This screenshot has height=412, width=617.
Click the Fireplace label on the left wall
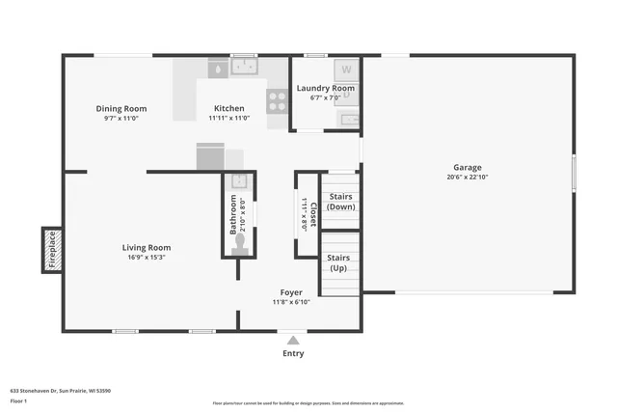click(x=52, y=248)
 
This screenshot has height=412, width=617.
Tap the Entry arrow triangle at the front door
click(x=293, y=340)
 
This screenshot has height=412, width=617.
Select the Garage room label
click(x=468, y=167)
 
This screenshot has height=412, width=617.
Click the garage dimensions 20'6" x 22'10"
click(x=468, y=177)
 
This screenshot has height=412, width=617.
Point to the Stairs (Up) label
click(x=338, y=263)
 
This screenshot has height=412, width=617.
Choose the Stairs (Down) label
click(x=338, y=202)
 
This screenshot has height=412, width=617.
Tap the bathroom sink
click(x=239, y=180)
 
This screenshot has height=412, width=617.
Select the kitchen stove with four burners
click(x=277, y=101)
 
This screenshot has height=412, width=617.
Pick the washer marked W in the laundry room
click(x=345, y=69)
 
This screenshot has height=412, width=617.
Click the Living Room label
click(x=147, y=248)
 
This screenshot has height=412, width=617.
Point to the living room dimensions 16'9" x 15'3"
click(x=147, y=258)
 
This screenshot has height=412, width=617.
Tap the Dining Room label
click(x=121, y=109)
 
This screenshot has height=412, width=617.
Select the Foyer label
click(x=291, y=292)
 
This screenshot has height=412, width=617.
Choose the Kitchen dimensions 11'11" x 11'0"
click(x=229, y=119)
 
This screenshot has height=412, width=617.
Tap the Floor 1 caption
click(x=18, y=400)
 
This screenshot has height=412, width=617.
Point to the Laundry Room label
click(x=326, y=88)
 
